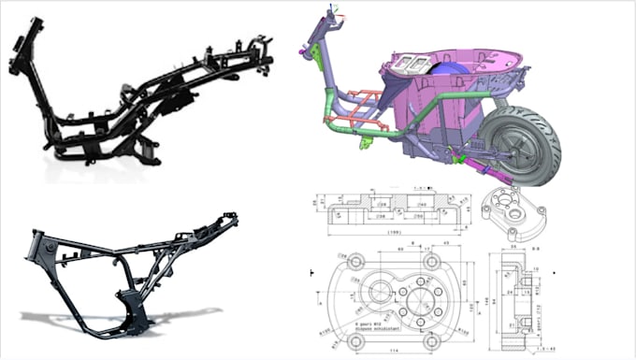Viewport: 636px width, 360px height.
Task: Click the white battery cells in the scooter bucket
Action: pyautogui.click(x=410, y=63)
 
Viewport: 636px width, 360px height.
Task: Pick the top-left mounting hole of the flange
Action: pyautogui.click(x=355, y=263)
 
